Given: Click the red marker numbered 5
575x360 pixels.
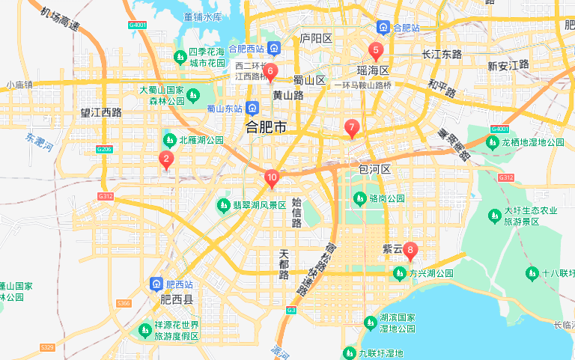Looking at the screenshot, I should [x=376, y=52].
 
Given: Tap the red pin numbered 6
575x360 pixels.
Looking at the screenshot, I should [x=270, y=72].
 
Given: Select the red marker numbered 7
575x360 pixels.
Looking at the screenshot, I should [x=351, y=127].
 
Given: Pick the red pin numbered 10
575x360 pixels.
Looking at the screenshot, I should [x=272, y=179].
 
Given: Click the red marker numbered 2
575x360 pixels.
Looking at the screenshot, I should [x=166, y=159].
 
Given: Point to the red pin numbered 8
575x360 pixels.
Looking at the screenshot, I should [x=410, y=251].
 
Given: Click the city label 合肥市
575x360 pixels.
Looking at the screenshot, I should [x=267, y=128].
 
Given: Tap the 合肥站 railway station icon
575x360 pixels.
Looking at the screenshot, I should [x=383, y=28].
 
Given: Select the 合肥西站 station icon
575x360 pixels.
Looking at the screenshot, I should [x=275, y=49].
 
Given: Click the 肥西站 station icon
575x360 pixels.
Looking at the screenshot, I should [x=156, y=284].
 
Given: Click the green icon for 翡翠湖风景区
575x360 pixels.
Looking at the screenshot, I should [x=223, y=204].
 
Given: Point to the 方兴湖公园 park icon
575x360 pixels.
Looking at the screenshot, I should [x=400, y=273].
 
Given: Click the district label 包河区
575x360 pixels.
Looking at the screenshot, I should [x=376, y=170].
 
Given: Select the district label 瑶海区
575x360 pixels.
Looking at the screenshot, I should [x=373, y=70].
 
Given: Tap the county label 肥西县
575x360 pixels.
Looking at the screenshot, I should [x=177, y=299].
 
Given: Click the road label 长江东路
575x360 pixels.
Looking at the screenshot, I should [x=442, y=55].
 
